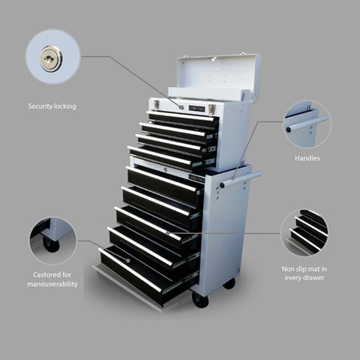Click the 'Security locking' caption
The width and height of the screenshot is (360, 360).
point(52,106)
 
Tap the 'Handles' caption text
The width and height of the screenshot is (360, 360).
point(307,159)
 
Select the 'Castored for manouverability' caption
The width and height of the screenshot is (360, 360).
point(52,279)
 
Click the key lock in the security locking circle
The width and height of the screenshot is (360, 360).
point(51,58)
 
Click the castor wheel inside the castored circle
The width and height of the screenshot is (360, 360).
point(50,244)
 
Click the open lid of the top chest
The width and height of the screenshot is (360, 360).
point(217,76)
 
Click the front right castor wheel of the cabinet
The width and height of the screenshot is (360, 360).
point(200,299)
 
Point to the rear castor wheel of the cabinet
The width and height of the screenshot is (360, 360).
point(229,283)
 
